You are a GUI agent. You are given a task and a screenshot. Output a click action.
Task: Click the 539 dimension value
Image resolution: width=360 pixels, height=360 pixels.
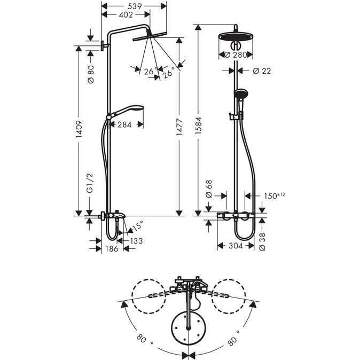134,6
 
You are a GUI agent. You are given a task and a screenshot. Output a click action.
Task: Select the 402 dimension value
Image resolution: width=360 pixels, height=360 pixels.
126,15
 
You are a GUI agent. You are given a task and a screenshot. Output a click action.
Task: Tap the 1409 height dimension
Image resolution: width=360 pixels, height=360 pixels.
79,129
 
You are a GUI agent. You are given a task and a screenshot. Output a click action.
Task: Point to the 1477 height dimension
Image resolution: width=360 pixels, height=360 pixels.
179,127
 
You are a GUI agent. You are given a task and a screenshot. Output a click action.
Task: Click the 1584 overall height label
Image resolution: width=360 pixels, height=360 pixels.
198,126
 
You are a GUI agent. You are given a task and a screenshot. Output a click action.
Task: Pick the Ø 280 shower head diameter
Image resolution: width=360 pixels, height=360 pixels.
236,55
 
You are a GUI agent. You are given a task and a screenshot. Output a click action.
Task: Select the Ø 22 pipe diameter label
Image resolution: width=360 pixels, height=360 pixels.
262,71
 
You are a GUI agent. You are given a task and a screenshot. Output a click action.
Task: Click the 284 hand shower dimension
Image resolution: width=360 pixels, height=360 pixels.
124,124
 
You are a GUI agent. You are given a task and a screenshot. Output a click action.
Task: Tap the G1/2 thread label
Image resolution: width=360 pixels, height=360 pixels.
90,183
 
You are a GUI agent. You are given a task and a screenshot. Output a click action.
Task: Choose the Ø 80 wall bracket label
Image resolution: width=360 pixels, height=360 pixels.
91,74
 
